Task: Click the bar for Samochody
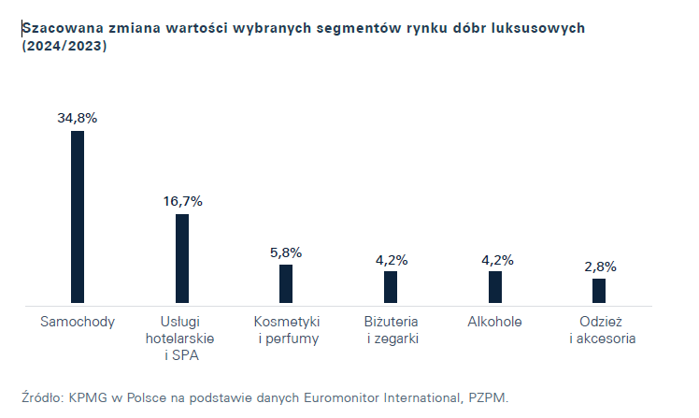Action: point(78,217)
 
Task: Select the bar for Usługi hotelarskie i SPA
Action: point(182,259)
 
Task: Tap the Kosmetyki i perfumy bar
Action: point(286,284)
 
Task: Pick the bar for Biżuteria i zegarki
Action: point(391,287)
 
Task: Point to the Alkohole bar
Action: point(495,287)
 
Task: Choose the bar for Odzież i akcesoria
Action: point(599,291)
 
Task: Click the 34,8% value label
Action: point(78,119)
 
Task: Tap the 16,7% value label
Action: point(182,201)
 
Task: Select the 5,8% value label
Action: point(286,252)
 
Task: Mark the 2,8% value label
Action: point(599,267)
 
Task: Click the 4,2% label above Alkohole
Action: point(495,259)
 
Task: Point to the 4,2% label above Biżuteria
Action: point(391,259)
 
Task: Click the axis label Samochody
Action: point(78,322)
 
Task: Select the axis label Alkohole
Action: point(495,322)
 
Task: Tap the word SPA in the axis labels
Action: point(188,355)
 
